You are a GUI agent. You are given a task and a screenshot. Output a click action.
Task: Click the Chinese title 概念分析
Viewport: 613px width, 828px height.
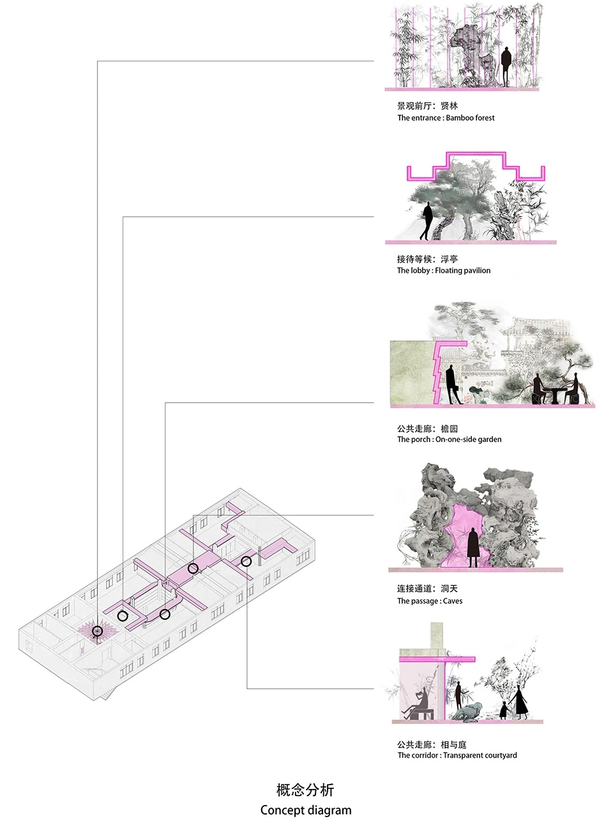click(305, 790)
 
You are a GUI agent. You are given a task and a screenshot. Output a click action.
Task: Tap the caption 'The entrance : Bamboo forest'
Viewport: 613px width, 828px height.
click(446, 118)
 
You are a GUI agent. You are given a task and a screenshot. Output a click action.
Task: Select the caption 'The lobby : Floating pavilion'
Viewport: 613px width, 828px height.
click(444, 270)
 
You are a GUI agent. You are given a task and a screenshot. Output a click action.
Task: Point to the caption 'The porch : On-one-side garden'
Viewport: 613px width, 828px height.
click(449, 440)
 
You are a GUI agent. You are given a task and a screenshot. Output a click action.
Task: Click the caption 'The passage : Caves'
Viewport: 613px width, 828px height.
click(430, 601)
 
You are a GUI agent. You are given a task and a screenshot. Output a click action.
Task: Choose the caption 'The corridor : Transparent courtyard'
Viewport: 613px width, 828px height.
click(457, 755)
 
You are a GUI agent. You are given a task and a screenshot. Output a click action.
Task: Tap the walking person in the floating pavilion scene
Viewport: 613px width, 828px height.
click(427, 220)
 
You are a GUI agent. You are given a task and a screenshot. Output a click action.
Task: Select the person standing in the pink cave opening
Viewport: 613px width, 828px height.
click(473, 547)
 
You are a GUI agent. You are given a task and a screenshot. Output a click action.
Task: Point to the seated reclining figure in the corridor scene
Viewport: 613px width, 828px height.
click(420, 704)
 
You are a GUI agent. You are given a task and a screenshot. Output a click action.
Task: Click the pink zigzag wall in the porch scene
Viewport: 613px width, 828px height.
click(439, 372)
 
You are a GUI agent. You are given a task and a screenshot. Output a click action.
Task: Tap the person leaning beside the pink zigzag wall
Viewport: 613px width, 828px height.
click(453, 384)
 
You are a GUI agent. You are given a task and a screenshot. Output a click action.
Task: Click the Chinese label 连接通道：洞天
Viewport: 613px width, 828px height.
click(427, 588)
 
